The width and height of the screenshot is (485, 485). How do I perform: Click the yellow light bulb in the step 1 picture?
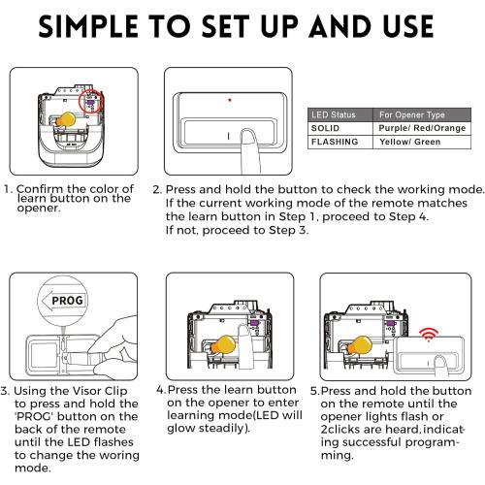click(66, 118)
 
